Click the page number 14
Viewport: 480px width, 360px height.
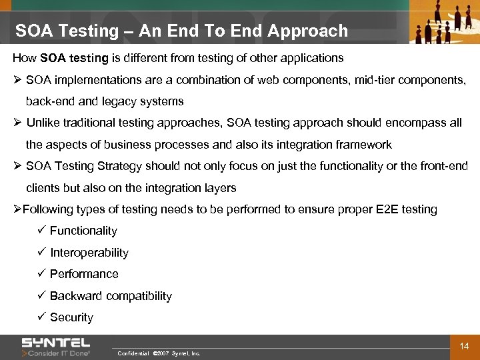click(465, 346)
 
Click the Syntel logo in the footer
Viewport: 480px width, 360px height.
click(55, 343)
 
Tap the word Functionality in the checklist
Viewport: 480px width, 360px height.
click(83, 231)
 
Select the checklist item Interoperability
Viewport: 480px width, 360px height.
click(89, 253)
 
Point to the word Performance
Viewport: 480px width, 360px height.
click(84, 274)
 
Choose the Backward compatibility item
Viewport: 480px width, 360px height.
click(111, 296)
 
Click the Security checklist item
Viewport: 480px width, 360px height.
click(71, 317)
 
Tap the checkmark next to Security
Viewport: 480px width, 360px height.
click(41, 317)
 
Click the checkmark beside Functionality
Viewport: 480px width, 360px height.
click(41, 231)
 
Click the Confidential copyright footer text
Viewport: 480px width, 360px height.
click(159, 353)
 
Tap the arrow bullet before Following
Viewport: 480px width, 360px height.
click(18, 209)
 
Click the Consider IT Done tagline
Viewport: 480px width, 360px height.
click(59, 353)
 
